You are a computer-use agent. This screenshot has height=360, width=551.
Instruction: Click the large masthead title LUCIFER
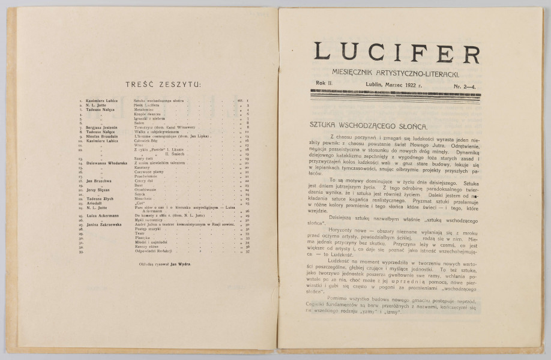pos(397,53)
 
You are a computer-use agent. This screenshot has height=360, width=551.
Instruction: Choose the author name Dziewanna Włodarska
pos(101,161)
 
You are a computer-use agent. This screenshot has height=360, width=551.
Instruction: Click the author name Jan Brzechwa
pos(94,180)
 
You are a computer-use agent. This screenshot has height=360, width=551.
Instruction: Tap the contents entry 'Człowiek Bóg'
pos(145,140)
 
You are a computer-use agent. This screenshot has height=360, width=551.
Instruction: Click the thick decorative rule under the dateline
pos(394,93)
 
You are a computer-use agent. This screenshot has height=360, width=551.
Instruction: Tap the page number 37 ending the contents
pos(247,251)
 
